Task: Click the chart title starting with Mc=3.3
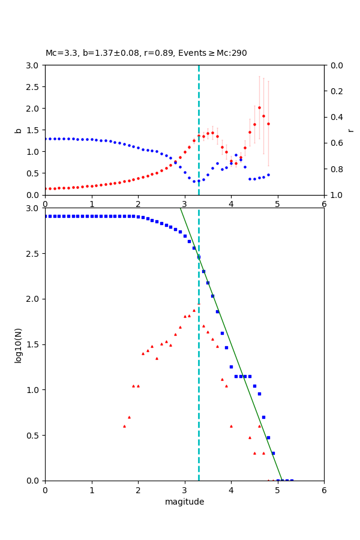click(146, 53)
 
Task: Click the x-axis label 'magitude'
click(184, 502)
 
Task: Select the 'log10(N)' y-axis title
click(18, 344)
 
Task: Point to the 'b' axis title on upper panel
click(18, 130)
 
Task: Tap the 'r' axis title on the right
click(350, 130)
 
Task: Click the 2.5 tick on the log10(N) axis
click(34, 254)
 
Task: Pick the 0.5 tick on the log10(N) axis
click(34, 436)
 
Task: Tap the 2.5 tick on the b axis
click(34, 87)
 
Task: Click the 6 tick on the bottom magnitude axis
click(324, 490)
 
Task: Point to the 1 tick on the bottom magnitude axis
click(92, 490)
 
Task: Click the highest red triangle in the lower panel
click(194, 310)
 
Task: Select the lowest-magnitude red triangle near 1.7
click(124, 426)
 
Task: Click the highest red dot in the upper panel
click(259, 108)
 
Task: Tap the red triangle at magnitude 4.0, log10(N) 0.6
click(231, 426)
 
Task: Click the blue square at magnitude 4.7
click(263, 417)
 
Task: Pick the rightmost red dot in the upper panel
click(268, 124)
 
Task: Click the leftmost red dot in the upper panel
click(45, 188)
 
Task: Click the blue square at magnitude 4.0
click(231, 367)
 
